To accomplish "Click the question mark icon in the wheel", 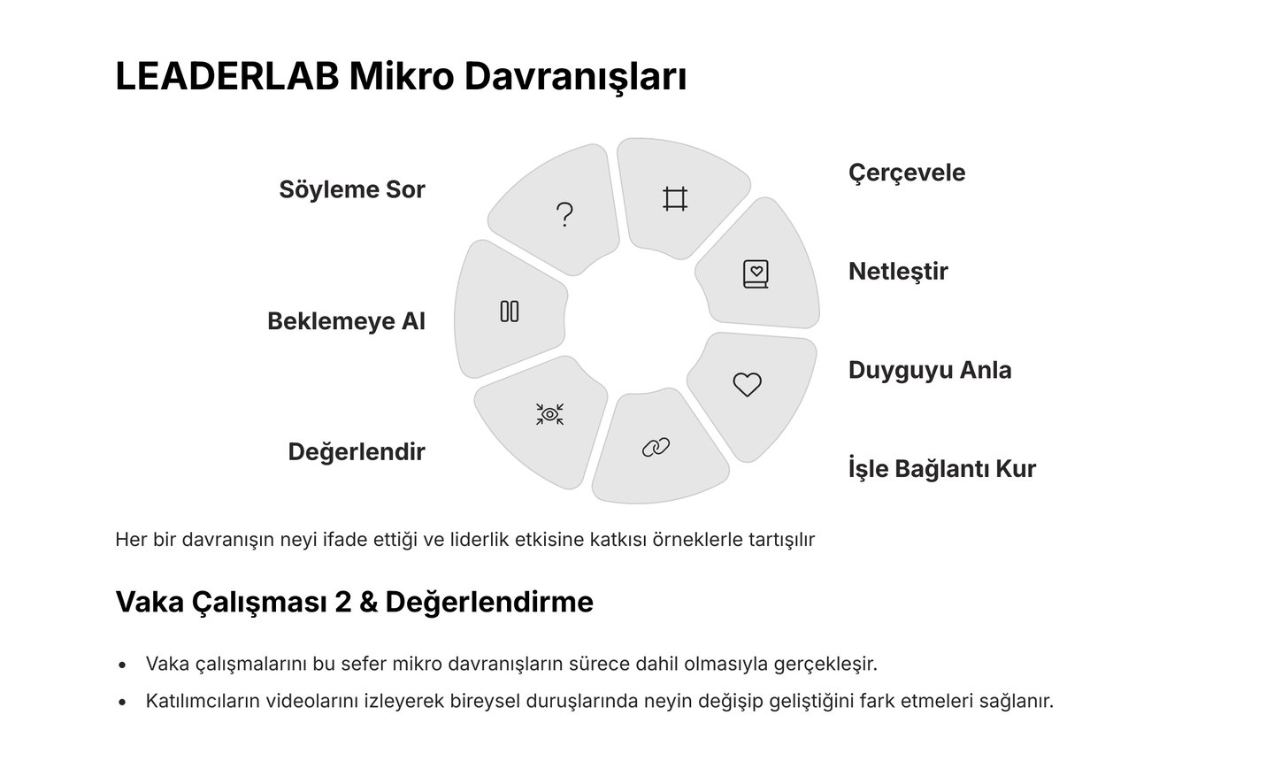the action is point(564,214).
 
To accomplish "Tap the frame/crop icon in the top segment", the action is point(675,198).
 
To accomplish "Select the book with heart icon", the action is point(756,273).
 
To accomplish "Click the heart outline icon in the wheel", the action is point(747,384).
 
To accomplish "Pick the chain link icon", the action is point(656,448).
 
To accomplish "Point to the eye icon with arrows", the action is point(549,413).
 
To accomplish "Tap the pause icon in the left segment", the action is point(510,311).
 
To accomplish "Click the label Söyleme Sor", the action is point(352,189).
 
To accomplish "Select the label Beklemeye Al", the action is point(346,320).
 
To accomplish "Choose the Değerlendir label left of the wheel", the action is point(357,451).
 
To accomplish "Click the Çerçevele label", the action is point(907,172).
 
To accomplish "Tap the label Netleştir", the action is point(898,271).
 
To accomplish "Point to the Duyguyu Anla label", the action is point(930,369).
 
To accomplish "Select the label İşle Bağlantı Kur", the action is point(942,468).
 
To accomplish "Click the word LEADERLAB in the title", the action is point(227,76).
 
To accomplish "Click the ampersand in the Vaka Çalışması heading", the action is point(369,602).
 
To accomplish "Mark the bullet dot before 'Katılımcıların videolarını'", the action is point(123,702).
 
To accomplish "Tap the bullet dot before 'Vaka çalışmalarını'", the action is point(123,664).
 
